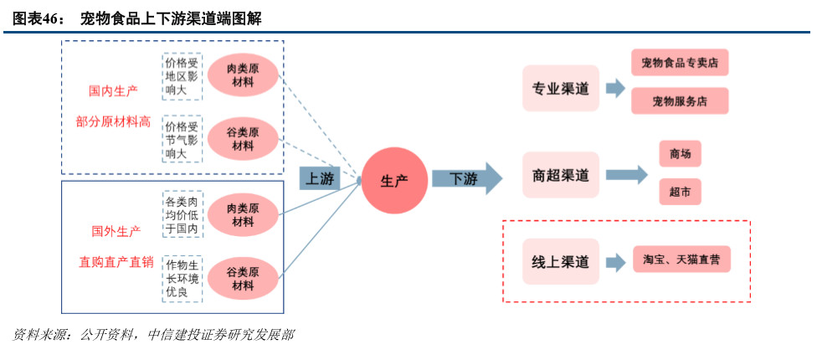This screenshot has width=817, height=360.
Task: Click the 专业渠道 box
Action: pyautogui.click(x=561, y=89)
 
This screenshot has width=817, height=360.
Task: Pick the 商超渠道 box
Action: pyautogui.click(x=561, y=175)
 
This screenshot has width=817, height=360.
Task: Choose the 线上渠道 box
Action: pyautogui.click(x=561, y=262)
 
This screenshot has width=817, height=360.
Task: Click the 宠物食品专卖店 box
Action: pyautogui.click(x=679, y=63)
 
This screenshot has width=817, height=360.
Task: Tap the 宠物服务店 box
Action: pyautogui.click(x=679, y=100)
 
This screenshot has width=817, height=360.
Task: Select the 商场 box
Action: pyautogui.click(x=679, y=154)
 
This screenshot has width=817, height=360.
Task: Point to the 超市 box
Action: pyautogui.click(x=679, y=192)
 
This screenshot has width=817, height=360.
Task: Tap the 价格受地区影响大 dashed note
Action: pyautogui.click(x=182, y=76)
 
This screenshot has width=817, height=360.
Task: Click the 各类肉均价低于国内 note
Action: pyautogui.click(x=182, y=215)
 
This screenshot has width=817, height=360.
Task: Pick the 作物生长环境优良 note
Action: pyautogui.click(x=182, y=278)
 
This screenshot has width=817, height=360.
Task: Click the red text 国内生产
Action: pyautogui.click(x=114, y=89)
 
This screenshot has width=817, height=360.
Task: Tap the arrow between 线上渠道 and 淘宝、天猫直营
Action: pyautogui.click(x=615, y=262)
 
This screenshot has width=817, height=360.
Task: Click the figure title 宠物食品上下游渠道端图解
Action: pyautogui.click(x=171, y=18)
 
